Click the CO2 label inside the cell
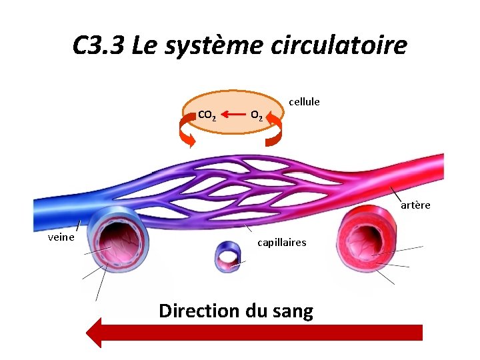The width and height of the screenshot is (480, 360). coord(207,115)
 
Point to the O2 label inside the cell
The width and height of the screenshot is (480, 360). coord(257,115)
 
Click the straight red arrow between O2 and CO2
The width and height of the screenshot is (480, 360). coord(231,115)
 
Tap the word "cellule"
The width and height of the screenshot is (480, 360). coord(304,101)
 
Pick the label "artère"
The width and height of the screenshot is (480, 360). coord(415,205)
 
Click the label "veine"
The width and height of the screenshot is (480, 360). coord(61,237)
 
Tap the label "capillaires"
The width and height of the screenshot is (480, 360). coord(282,243)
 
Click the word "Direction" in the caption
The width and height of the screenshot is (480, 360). coord(199,311)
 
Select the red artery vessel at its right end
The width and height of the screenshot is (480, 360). coord(430,167)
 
